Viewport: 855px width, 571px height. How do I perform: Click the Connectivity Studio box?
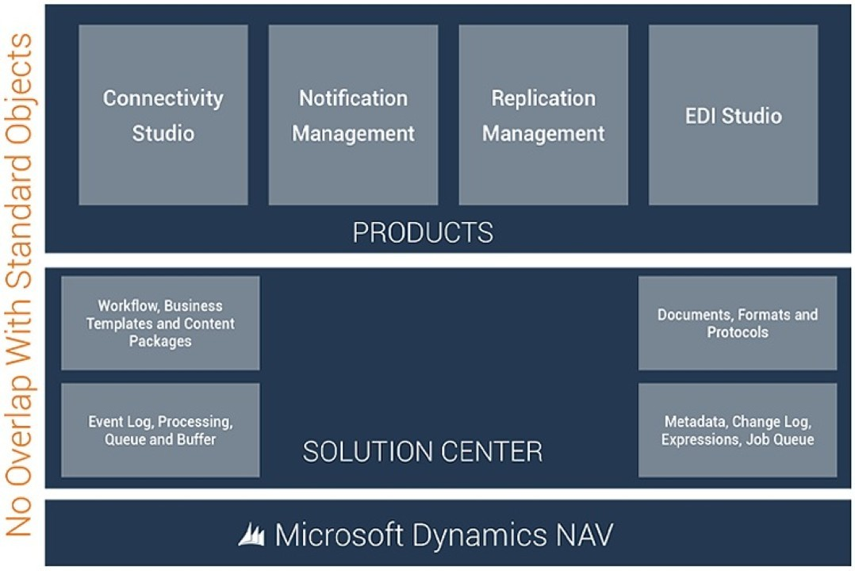pyautogui.click(x=163, y=115)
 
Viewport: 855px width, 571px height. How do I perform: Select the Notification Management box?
pyautogui.click(x=353, y=115)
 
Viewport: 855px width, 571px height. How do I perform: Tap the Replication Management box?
pyautogui.click(x=543, y=115)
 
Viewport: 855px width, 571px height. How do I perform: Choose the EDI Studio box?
pyautogui.click(x=733, y=115)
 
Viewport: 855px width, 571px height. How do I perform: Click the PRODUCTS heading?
pyautogui.click(x=423, y=232)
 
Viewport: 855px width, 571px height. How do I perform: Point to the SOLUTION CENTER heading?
pyautogui.click(x=423, y=452)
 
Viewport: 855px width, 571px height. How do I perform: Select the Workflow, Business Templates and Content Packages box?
pyautogui.click(x=160, y=323)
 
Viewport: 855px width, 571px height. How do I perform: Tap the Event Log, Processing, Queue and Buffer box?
pyautogui.click(x=160, y=430)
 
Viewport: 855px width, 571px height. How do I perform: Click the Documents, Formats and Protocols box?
pyautogui.click(x=737, y=323)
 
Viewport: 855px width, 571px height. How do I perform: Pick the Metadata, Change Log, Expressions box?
pyautogui.click(x=737, y=430)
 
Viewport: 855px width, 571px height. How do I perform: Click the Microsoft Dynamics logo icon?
pyautogui.click(x=251, y=535)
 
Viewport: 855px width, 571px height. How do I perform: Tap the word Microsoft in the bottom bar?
pyautogui.click(x=339, y=535)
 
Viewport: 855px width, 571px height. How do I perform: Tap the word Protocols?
pyautogui.click(x=737, y=332)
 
